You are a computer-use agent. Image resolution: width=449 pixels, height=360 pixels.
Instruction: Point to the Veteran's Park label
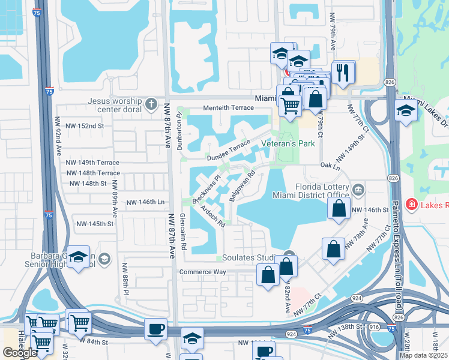pos(289,144)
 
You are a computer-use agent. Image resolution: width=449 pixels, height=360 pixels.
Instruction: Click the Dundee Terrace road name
pos(228,151)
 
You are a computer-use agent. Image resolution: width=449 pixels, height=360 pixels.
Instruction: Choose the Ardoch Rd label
pos(212,216)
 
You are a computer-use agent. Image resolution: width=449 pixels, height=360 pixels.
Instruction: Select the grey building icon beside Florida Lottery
pos(358,190)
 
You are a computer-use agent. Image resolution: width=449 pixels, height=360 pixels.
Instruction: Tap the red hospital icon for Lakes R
pos(411,205)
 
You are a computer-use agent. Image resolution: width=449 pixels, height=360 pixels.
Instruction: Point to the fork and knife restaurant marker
pos(343,73)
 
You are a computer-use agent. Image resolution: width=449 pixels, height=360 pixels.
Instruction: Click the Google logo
pos(20,353)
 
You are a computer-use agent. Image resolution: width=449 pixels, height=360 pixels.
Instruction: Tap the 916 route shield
pos(374,326)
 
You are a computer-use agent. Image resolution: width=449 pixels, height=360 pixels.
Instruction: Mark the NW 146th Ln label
pos(145,203)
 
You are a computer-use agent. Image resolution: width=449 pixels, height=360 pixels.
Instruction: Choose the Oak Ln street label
pos(331,164)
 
